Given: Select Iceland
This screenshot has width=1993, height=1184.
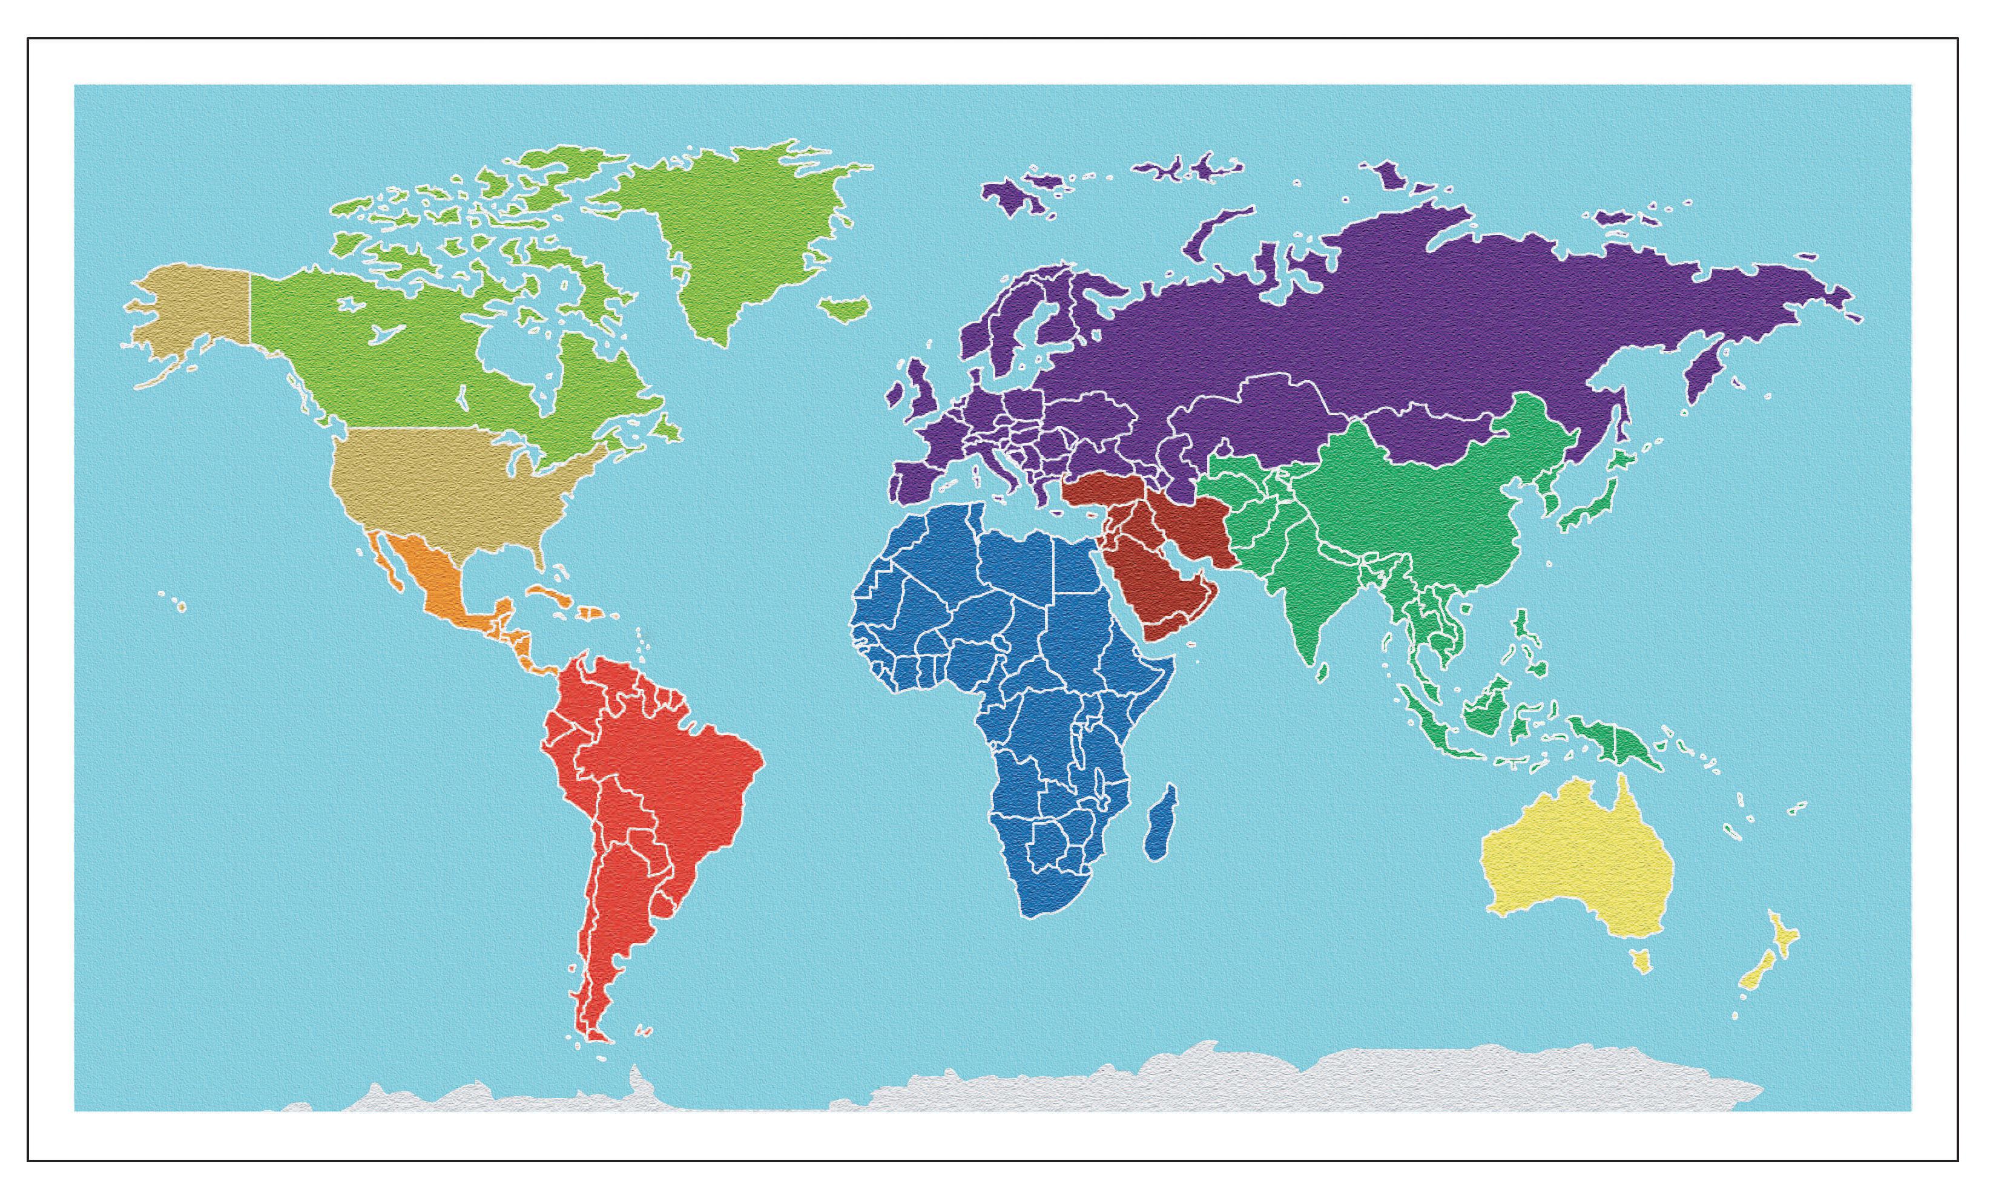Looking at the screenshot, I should click(x=843, y=307).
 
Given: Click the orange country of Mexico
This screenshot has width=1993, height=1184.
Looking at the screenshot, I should click(x=435, y=582).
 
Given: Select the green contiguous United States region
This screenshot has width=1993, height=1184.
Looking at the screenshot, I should click(x=447, y=487).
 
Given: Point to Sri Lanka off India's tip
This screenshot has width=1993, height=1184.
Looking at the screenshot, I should click(x=1322, y=674).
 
